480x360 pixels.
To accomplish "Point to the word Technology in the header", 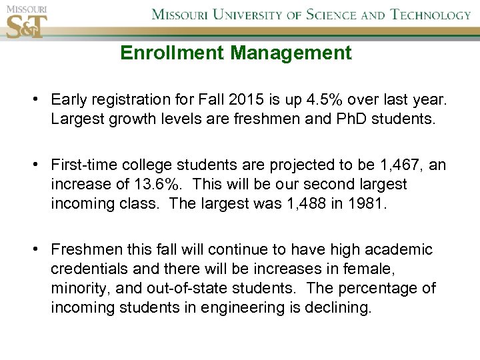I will [x=430, y=15].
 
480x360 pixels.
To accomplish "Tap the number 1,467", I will [x=399, y=165].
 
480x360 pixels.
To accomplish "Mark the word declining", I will [x=338, y=308].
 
